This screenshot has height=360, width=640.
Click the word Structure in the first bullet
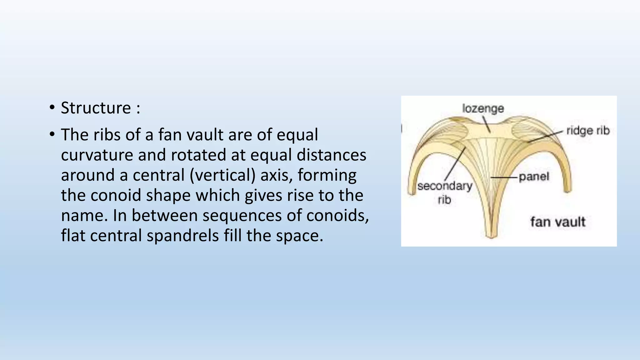(x=96, y=108)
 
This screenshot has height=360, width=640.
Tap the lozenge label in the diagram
(x=483, y=108)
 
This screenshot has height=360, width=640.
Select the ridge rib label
(x=588, y=131)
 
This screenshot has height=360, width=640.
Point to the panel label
(x=534, y=177)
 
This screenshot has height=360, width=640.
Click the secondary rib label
(x=445, y=192)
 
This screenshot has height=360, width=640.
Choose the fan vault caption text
(x=557, y=222)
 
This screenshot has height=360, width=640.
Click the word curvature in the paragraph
(x=97, y=155)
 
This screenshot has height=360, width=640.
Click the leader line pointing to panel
(x=504, y=177)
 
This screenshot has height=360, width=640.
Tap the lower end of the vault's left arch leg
(x=412, y=192)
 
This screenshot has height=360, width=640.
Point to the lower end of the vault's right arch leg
(x=568, y=189)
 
